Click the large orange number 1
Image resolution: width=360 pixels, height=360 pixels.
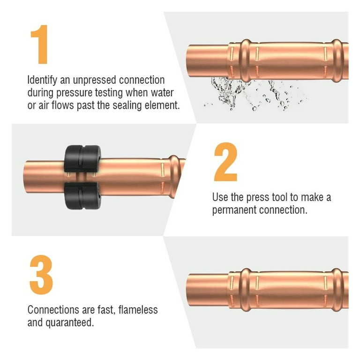40,45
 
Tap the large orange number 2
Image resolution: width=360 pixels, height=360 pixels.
225,162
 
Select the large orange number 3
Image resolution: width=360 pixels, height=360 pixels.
41,275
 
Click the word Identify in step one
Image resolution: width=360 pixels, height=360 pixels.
42,80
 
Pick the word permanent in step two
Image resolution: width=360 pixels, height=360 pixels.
234,210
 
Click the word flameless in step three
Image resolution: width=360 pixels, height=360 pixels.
138,310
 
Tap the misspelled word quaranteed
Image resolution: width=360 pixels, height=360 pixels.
70,323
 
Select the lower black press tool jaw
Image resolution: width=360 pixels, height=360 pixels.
82,196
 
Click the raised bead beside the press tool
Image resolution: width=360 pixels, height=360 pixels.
174,176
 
